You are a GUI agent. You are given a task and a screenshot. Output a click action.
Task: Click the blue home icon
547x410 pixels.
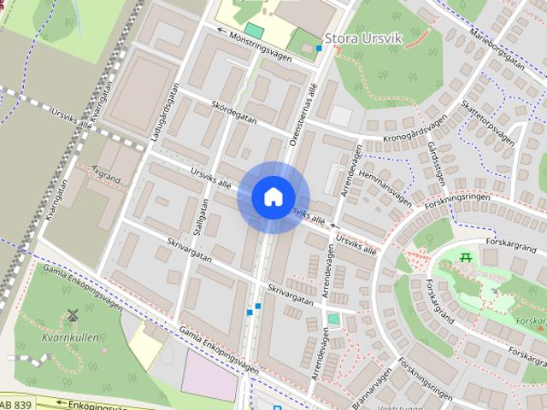pyautogui.click(x=273, y=196)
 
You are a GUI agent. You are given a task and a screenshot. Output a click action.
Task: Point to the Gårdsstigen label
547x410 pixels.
pyautogui.click(x=433, y=155)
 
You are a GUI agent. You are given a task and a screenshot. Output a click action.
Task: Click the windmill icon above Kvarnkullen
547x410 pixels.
pyautogui.click(x=72, y=314)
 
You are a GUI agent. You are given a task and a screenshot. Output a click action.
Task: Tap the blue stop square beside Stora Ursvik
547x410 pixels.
pyautogui.click(x=320, y=48)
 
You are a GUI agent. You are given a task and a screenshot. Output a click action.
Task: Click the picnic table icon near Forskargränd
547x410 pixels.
pyautogui.click(x=465, y=256)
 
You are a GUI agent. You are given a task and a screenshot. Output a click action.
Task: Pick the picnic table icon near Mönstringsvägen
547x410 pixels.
pyautogui.click(x=254, y=30)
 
